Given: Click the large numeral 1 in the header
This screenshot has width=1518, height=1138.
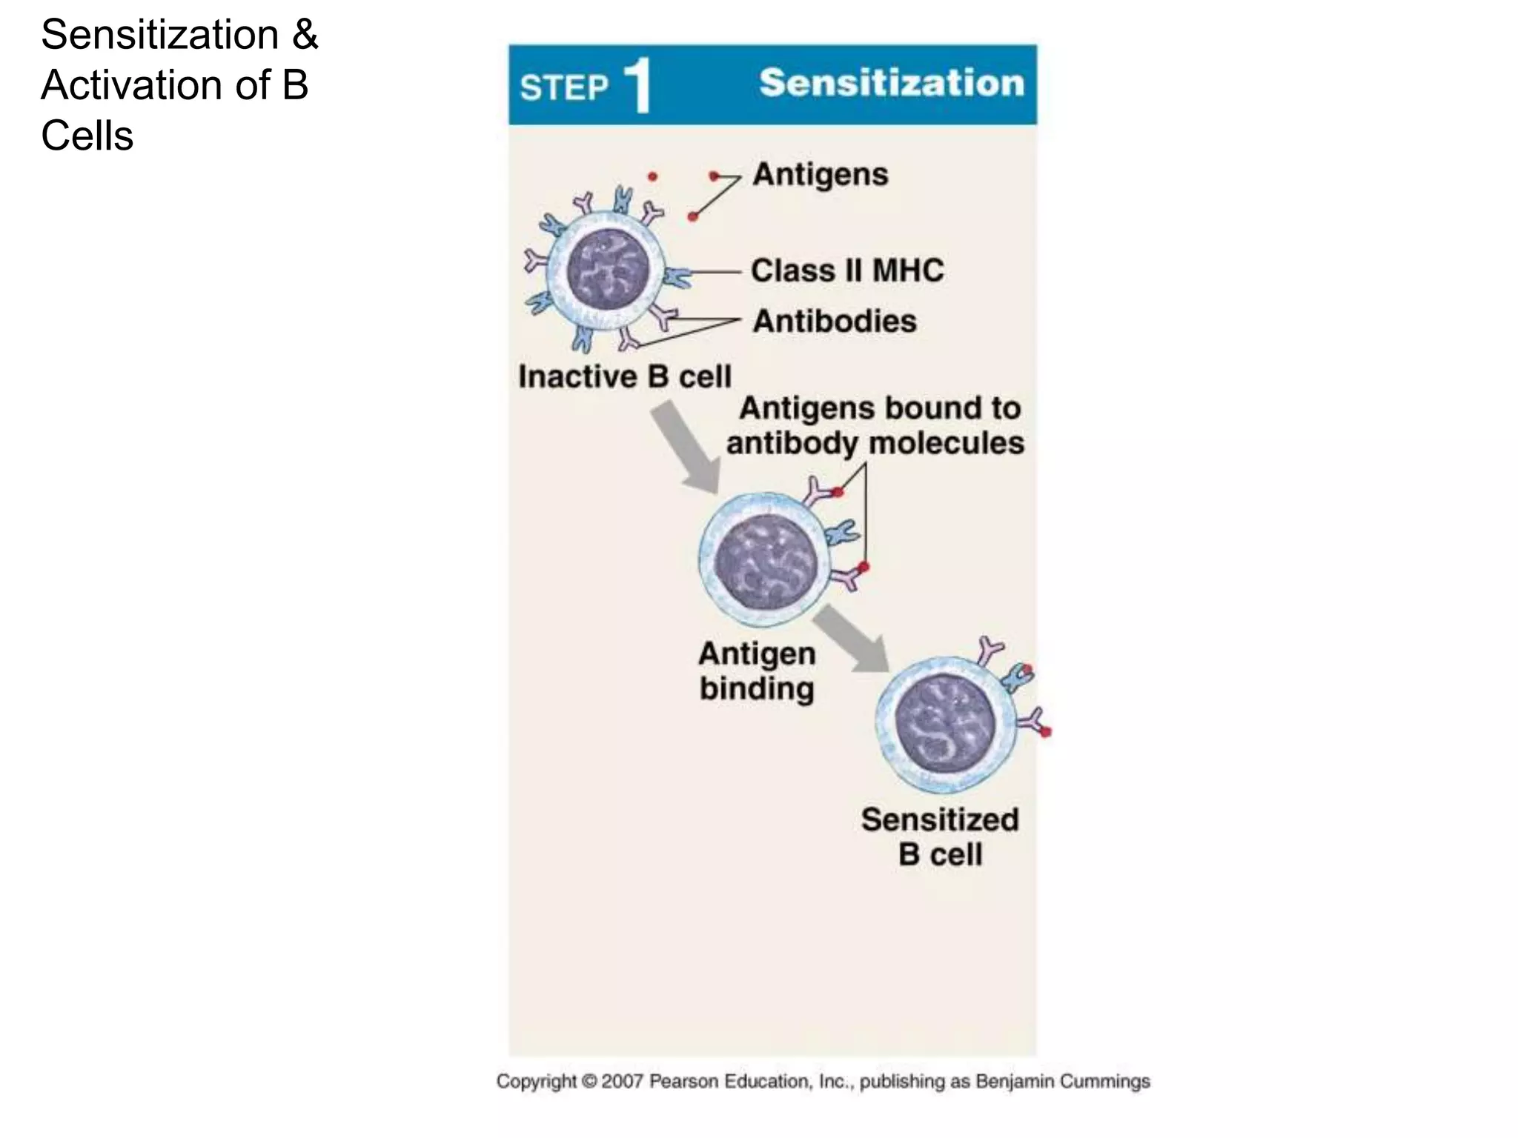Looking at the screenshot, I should (x=638, y=87).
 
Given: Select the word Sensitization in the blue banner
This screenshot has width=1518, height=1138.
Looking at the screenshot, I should (x=891, y=82).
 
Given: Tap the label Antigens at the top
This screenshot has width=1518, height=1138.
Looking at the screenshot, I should (x=820, y=175).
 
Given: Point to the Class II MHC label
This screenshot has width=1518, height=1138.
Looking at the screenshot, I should (x=847, y=270).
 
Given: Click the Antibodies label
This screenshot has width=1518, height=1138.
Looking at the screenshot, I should (x=835, y=322).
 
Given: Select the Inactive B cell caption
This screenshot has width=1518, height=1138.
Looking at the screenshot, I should (x=624, y=376).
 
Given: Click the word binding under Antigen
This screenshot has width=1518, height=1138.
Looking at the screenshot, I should (x=757, y=688).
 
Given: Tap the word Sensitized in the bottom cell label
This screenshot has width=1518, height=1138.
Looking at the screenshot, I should (x=940, y=820).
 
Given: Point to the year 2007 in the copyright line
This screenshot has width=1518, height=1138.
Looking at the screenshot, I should (x=622, y=1082).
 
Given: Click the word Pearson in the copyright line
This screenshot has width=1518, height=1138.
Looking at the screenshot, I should (x=683, y=1082).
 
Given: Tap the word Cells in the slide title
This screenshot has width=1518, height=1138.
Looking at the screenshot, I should (x=87, y=136).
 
